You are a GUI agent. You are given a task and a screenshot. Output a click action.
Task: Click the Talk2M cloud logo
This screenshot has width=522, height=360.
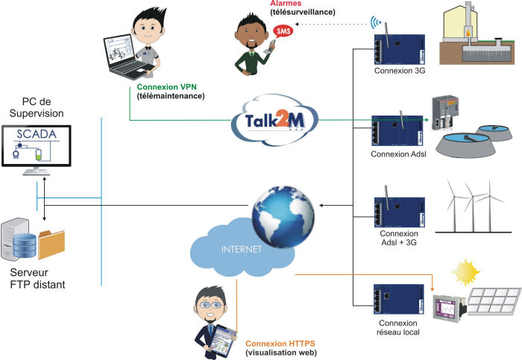click(275, 121)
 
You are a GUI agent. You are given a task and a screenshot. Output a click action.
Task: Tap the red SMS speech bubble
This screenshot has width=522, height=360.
click(283, 31)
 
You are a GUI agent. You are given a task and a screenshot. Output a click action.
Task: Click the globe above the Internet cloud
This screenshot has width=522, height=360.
click(283, 217)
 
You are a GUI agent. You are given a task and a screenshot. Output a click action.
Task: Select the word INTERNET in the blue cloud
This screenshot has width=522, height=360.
click(242, 249)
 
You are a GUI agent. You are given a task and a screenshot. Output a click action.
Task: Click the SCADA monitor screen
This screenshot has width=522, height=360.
click(37, 146)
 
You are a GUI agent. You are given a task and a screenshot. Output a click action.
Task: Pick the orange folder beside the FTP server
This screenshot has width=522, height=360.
click(51, 244)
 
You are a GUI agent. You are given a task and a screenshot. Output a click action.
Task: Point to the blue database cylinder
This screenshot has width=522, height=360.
click(25, 246)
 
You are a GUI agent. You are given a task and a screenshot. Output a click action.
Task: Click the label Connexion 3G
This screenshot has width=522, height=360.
click(400, 71)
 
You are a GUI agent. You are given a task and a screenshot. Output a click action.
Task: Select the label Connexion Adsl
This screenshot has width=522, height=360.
click(398, 154)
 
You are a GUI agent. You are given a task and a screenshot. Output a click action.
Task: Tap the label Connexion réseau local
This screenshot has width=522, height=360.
click(398, 327)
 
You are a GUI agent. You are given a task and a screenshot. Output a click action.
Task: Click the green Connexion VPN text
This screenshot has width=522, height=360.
click(167, 87)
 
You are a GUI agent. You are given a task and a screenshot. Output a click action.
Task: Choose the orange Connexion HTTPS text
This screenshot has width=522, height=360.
click(280, 344)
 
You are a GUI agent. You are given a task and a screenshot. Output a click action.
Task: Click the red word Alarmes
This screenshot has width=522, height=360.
click(286, 3)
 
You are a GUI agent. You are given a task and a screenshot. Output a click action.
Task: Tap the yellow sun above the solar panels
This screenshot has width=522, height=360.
click(465, 272)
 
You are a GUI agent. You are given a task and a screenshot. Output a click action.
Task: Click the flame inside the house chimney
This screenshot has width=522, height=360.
click(468, 33)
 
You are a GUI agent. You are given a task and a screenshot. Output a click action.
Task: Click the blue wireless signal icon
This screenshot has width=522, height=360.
click(376, 22)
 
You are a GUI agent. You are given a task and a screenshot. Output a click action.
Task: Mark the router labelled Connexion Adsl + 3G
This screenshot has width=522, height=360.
click(400, 212)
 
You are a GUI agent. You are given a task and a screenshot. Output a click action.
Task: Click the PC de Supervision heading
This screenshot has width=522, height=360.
click(37, 107)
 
